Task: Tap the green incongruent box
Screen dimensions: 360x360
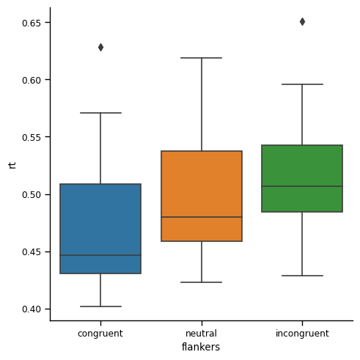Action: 302,169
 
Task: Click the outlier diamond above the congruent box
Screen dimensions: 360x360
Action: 100,47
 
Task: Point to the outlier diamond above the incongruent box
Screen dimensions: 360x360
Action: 302,21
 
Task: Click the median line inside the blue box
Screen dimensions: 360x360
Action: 100,255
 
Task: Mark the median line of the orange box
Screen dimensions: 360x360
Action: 202,217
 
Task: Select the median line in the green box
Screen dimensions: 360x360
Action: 302,186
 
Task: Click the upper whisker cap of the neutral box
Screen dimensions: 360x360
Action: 202,58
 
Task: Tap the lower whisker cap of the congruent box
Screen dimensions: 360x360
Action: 100,306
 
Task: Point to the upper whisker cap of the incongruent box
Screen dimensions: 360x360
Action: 302,84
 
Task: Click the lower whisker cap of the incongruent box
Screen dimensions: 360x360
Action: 302,276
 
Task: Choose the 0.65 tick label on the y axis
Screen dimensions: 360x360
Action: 30,23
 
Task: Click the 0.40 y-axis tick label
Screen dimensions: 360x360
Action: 30,309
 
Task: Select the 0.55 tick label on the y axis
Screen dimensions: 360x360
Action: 30,137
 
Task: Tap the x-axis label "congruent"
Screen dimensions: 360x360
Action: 100,334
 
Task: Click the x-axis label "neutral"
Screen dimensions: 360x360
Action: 202,334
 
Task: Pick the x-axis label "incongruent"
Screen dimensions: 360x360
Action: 302,334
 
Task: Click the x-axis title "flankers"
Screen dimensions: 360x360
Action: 202,347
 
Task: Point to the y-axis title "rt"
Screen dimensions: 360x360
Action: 12,164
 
